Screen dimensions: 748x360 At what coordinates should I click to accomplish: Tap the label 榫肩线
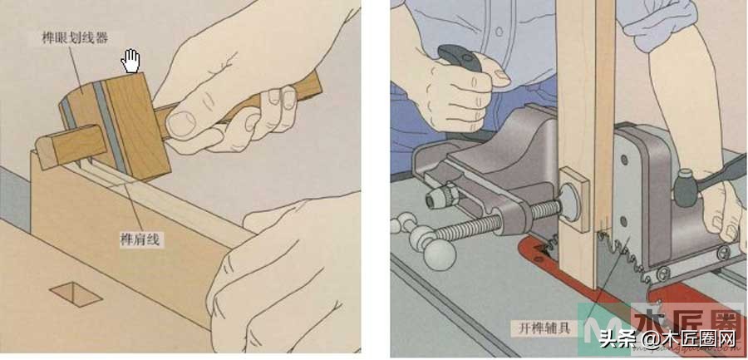(140, 239)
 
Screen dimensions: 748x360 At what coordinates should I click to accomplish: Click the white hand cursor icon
(130, 61)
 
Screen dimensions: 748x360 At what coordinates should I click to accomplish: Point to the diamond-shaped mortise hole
(76, 293)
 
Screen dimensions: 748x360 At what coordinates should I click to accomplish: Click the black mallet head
(686, 188)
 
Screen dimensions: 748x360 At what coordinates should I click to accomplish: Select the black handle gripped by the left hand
(460, 57)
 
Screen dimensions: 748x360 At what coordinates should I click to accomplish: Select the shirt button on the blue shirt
(499, 32)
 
